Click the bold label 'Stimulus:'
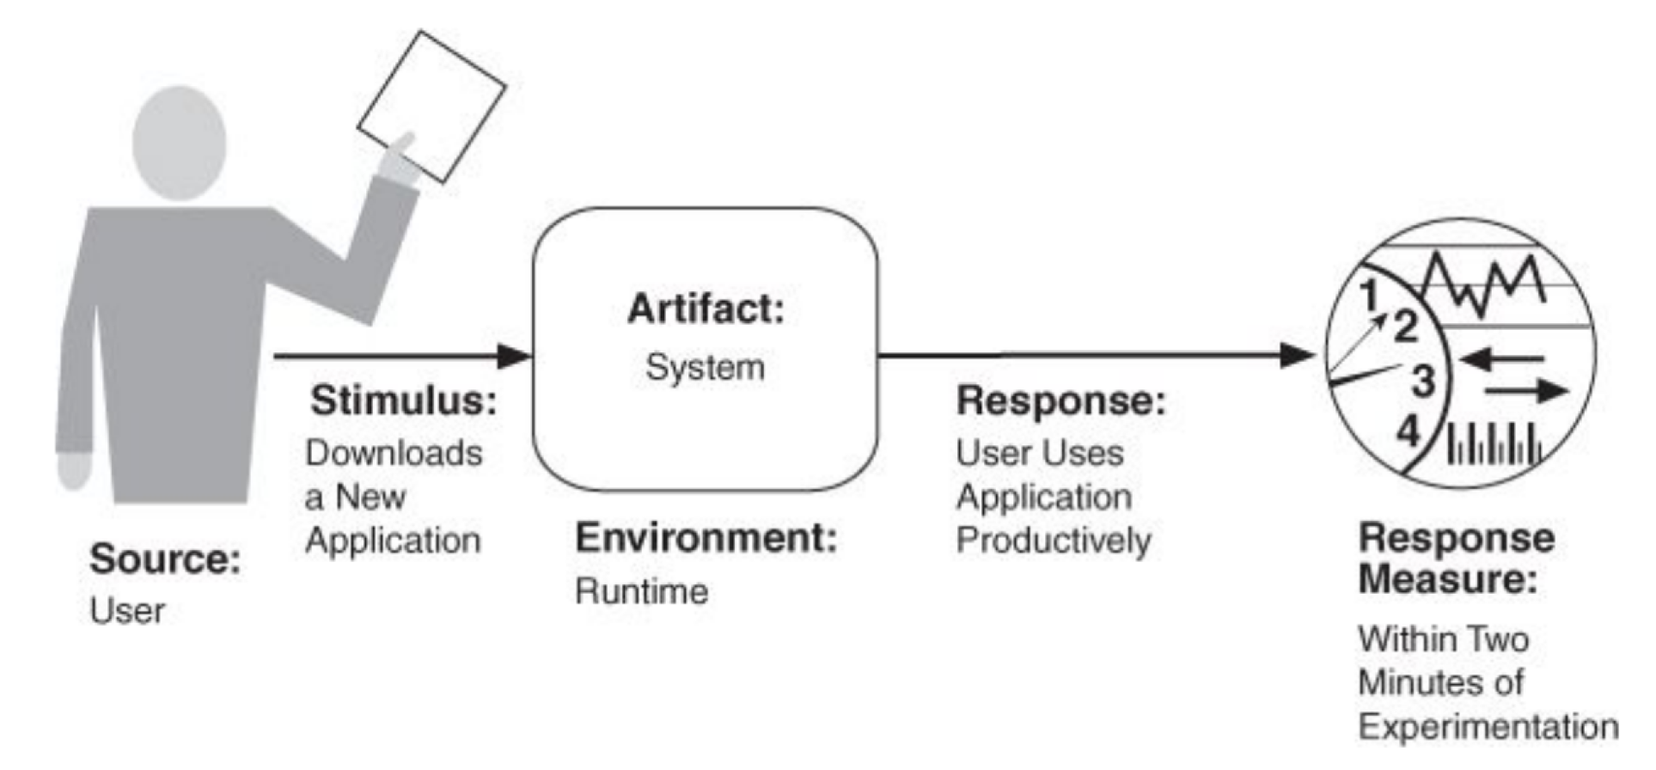click(x=403, y=400)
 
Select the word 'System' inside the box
click(x=705, y=368)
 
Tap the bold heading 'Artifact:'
click(x=706, y=309)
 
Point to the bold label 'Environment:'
click(x=706, y=539)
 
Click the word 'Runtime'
click(x=641, y=591)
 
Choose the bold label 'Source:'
click(x=165, y=559)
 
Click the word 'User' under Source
click(x=127, y=611)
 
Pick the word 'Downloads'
click(x=394, y=454)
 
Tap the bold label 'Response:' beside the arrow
click(x=1060, y=400)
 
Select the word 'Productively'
click(x=1054, y=541)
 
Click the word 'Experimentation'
click(x=1488, y=727)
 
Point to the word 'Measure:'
click(x=1447, y=578)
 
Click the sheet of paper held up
click(x=431, y=106)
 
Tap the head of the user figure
click(x=179, y=142)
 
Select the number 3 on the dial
click(x=1423, y=381)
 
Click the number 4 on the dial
click(x=1408, y=430)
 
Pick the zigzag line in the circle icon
click(x=1484, y=284)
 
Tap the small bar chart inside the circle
click(x=1494, y=444)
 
